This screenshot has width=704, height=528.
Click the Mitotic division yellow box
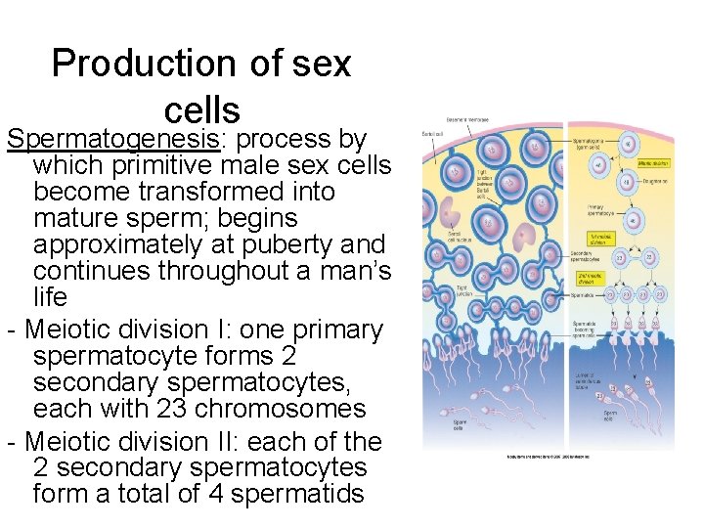click(x=652, y=163)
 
